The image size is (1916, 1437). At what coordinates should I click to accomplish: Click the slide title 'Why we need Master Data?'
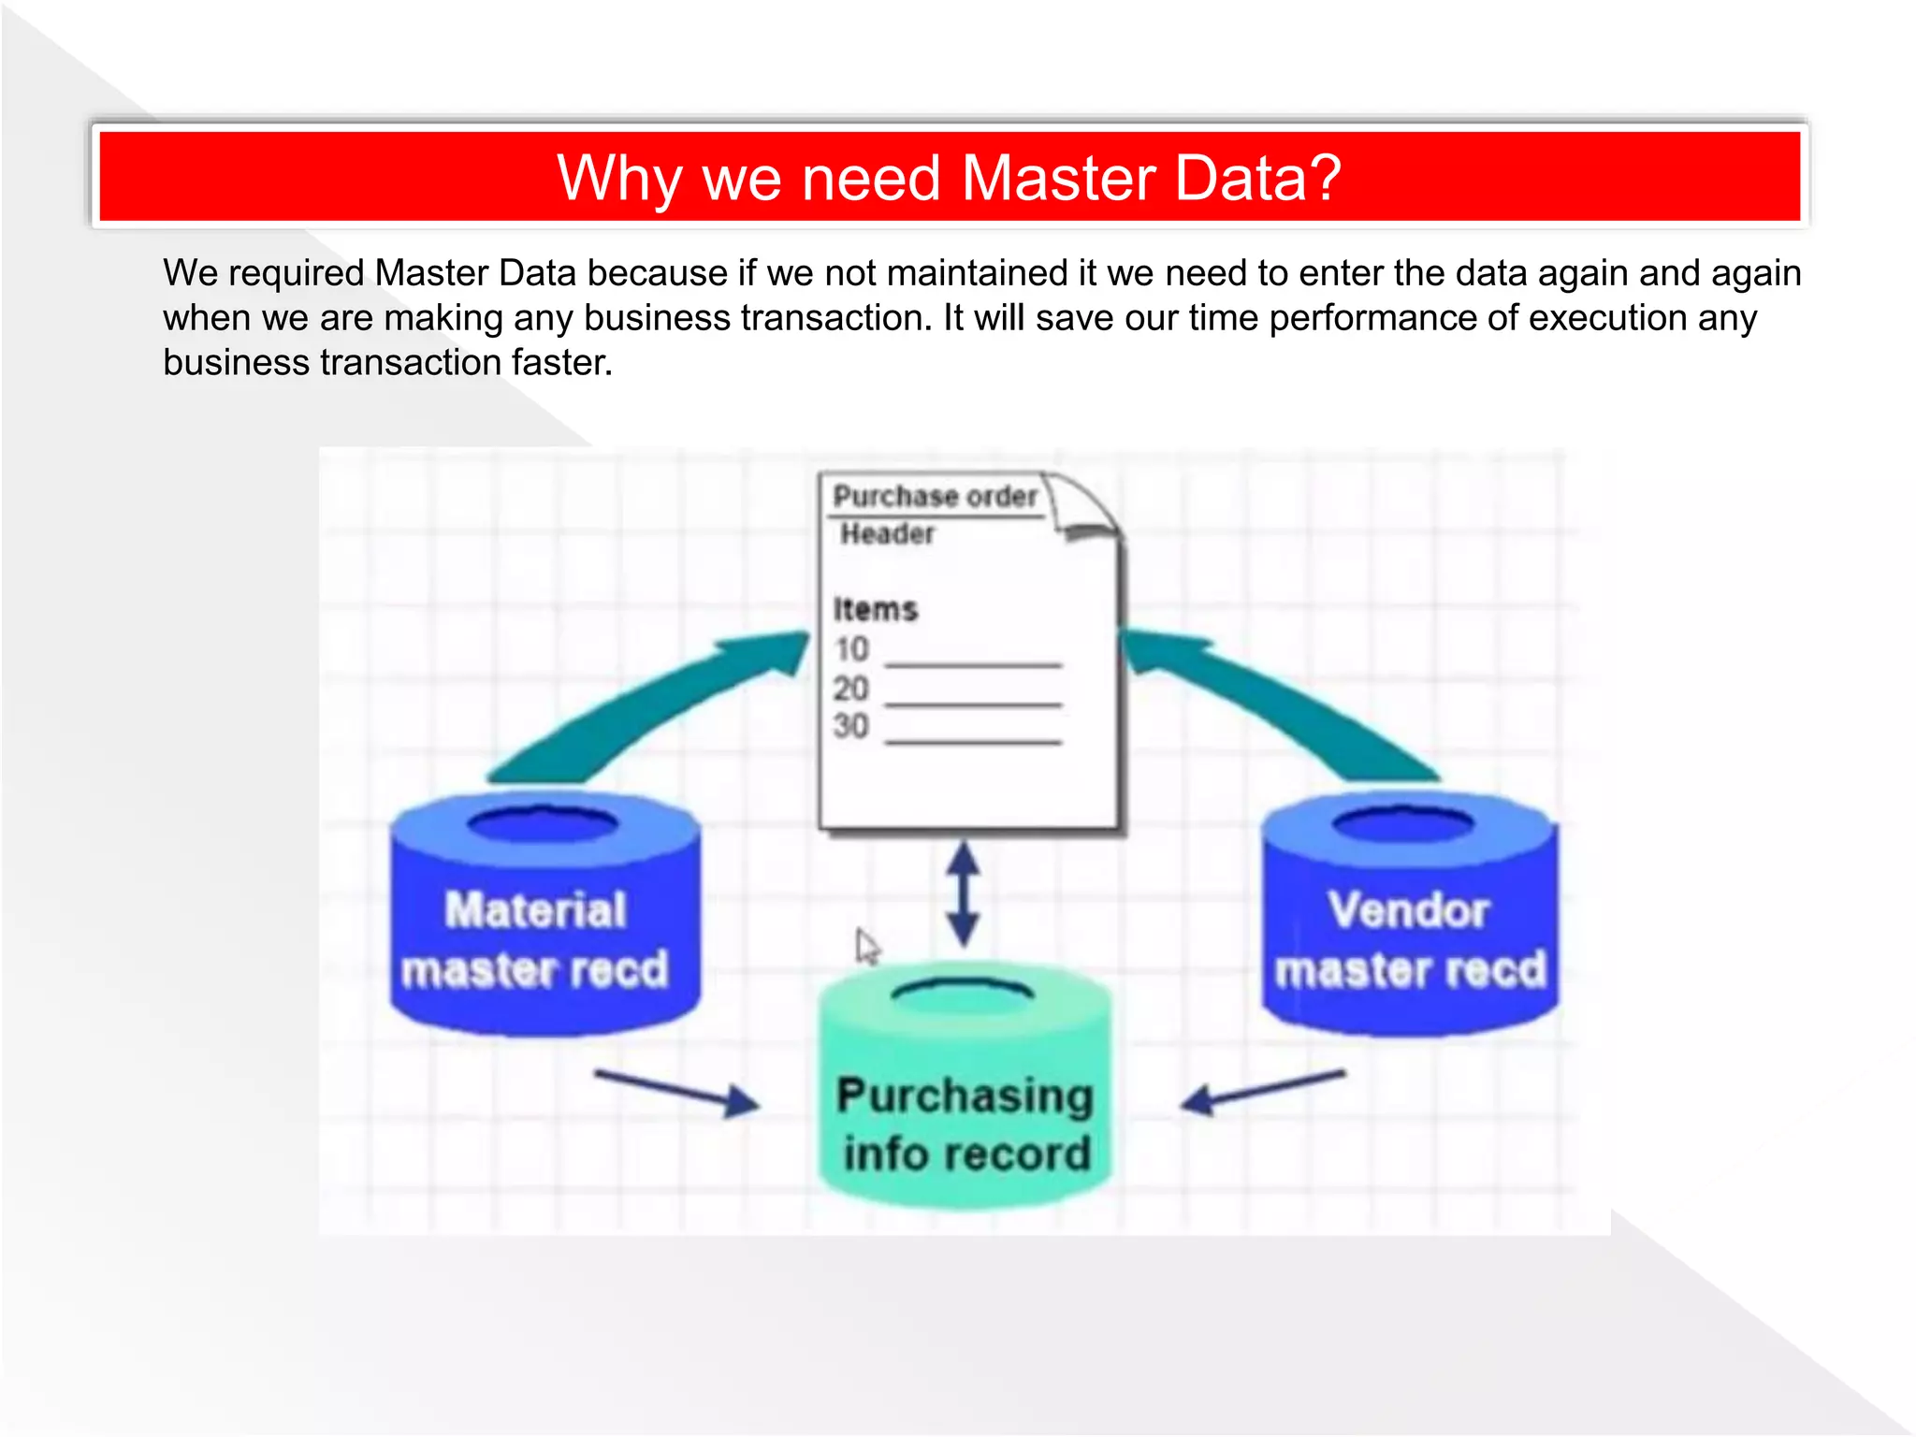pos(949,178)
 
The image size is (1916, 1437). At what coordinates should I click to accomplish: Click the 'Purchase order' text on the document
pos(935,496)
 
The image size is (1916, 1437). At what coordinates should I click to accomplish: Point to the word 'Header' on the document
pos(887,534)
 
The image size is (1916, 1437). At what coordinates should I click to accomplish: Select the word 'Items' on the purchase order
pos(875,609)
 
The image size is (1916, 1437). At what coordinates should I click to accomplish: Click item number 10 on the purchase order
pos(851,649)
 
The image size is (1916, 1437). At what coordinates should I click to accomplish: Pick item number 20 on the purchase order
pos(851,689)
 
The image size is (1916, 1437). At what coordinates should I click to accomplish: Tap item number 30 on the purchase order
pos(851,727)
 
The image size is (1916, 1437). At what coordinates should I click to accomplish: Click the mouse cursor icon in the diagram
pos(866,946)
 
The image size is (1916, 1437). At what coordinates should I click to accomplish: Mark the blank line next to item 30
pos(973,742)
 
